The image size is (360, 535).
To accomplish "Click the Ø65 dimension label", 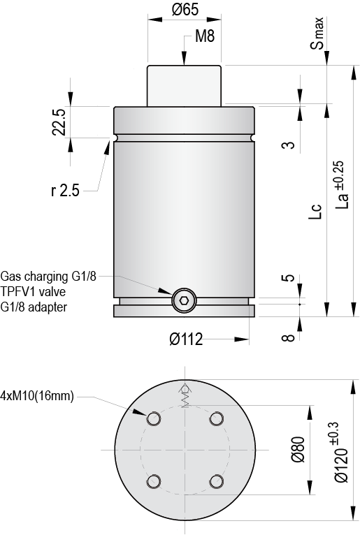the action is click(x=185, y=10).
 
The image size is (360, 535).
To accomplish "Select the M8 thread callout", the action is click(x=205, y=36).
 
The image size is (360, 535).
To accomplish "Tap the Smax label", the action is click(x=317, y=33).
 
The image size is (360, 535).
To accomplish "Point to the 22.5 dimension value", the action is click(x=59, y=122).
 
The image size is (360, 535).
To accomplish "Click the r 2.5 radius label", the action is click(x=65, y=190).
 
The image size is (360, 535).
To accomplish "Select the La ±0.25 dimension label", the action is click(x=342, y=184).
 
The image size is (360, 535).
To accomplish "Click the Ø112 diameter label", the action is click(x=186, y=339).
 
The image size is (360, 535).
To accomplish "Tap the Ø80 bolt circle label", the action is click(x=298, y=449).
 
